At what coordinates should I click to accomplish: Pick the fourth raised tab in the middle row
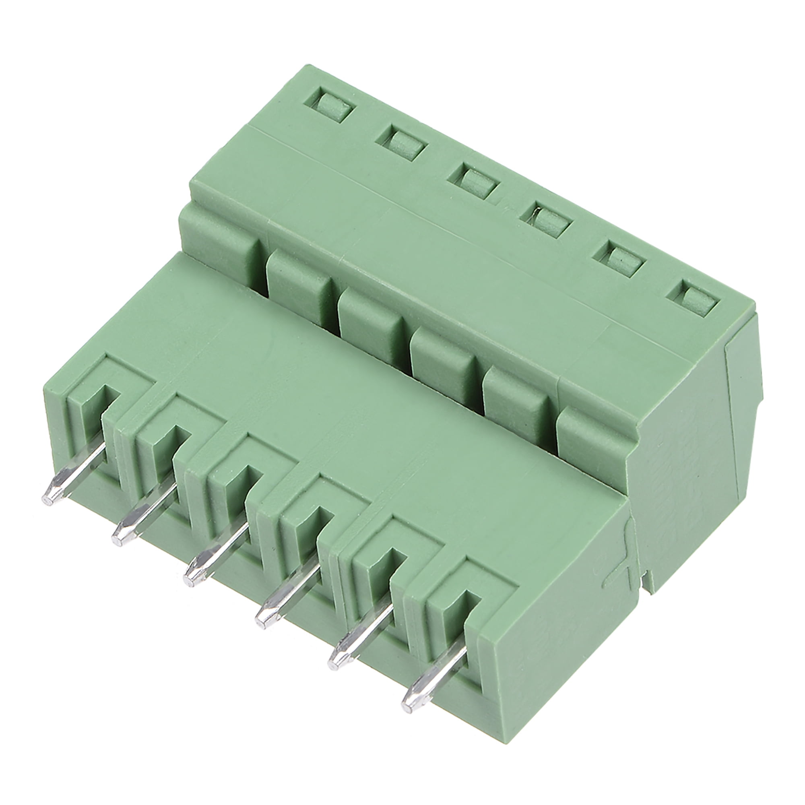click(x=444, y=358)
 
